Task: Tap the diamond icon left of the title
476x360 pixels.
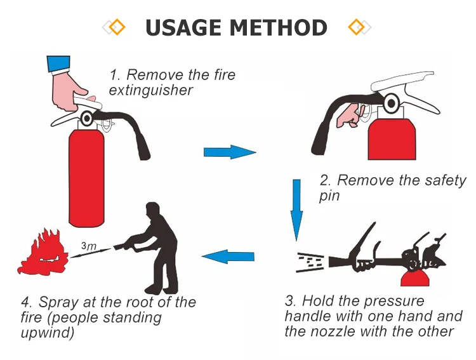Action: pyautogui.click(x=116, y=27)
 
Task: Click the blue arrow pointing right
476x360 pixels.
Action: pyautogui.click(x=228, y=152)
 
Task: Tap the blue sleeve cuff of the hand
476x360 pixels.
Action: pyautogui.click(x=58, y=63)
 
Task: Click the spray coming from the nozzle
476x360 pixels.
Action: pyautogui.click(x=311, y=260)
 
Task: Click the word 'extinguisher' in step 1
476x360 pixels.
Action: pyautogui.click(x=150, y=90)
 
